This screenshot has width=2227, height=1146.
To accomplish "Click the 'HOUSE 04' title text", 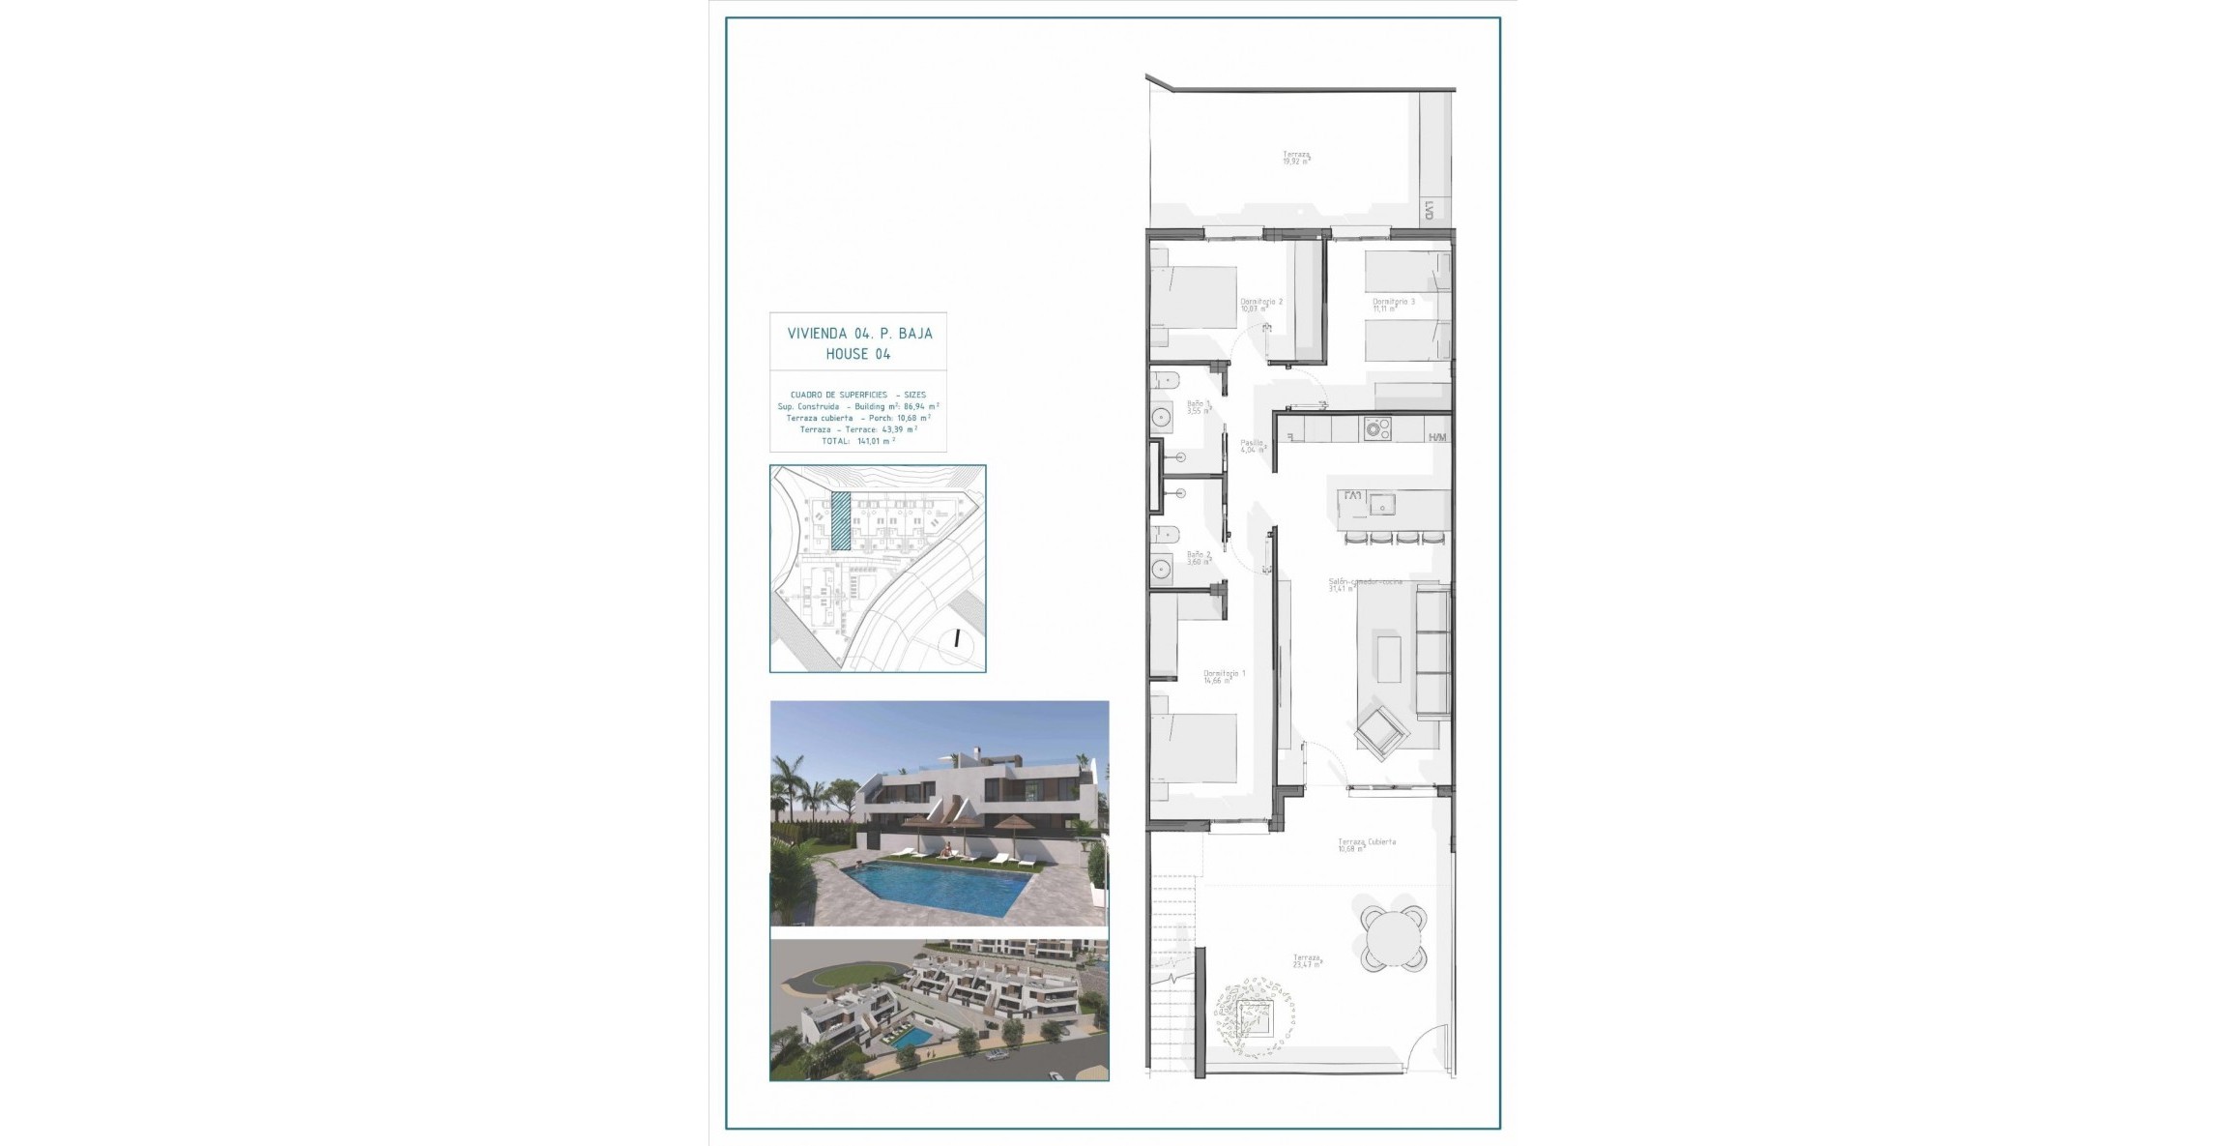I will (858, 354).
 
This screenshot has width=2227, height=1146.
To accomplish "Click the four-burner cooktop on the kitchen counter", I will (1377, 428).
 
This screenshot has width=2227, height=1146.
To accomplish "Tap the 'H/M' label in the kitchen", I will (1438, 438).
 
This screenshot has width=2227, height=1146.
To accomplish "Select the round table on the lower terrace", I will (1392, 937).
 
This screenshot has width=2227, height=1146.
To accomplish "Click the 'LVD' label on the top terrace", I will (1429, 210).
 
